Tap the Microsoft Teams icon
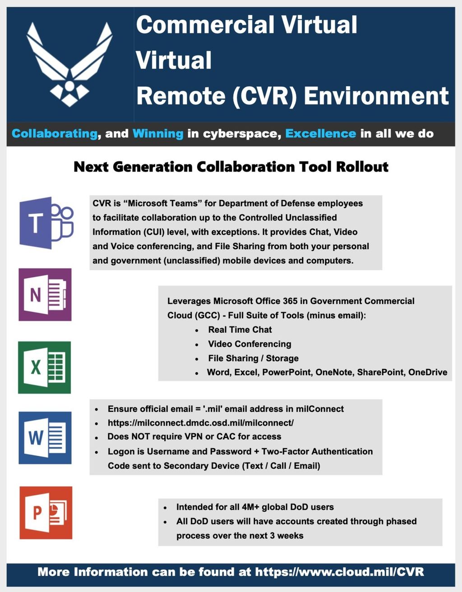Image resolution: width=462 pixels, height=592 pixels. (x=46, y=223)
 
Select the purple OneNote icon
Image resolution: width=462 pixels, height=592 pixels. (x=45, y=295)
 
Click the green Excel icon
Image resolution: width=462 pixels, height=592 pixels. (x=44, y=367)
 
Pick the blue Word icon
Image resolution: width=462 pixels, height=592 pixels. (x=45, y=438)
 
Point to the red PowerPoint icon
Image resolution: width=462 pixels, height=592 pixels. (x=46, y=513)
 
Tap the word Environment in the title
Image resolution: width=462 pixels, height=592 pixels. (x=376, y=96)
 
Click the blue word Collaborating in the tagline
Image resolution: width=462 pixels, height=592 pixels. (x=55, y=133)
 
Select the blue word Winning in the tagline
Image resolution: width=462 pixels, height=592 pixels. (x=158, y=133)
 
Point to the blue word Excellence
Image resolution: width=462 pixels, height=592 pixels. (x=320, y=133)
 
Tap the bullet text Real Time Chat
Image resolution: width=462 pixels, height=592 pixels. (x=240, y=330)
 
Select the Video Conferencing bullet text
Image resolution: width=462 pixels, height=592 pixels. (x=249, y=344)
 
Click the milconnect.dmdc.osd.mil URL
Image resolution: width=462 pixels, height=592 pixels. (x=201, y=423)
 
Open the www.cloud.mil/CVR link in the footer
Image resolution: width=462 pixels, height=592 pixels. (x=340, y=572)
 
